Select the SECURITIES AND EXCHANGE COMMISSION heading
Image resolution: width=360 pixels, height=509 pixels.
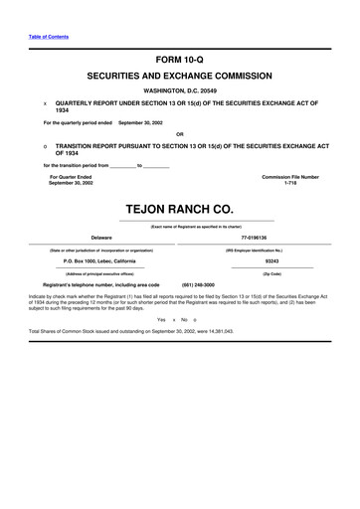(180, 75)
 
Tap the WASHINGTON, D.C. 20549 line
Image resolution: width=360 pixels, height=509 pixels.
(180, 90)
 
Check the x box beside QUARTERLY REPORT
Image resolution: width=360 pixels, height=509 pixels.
(45, 102)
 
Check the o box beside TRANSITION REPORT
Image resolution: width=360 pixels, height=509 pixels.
(45, 145)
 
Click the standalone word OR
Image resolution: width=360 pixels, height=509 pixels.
(180, 134)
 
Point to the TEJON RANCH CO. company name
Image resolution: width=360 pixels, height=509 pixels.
(180, 210)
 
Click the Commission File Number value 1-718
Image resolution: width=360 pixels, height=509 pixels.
(290, 183)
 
